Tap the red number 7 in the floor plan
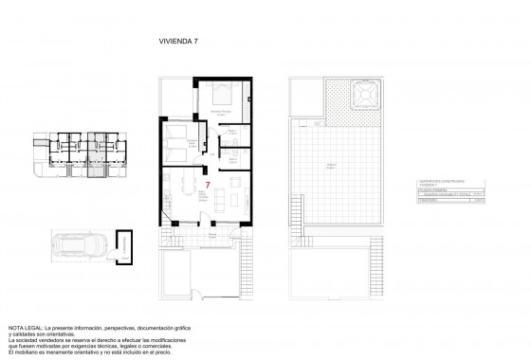coord(208,186)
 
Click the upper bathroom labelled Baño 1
coord(230,136)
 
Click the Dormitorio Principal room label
coord(221,113)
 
